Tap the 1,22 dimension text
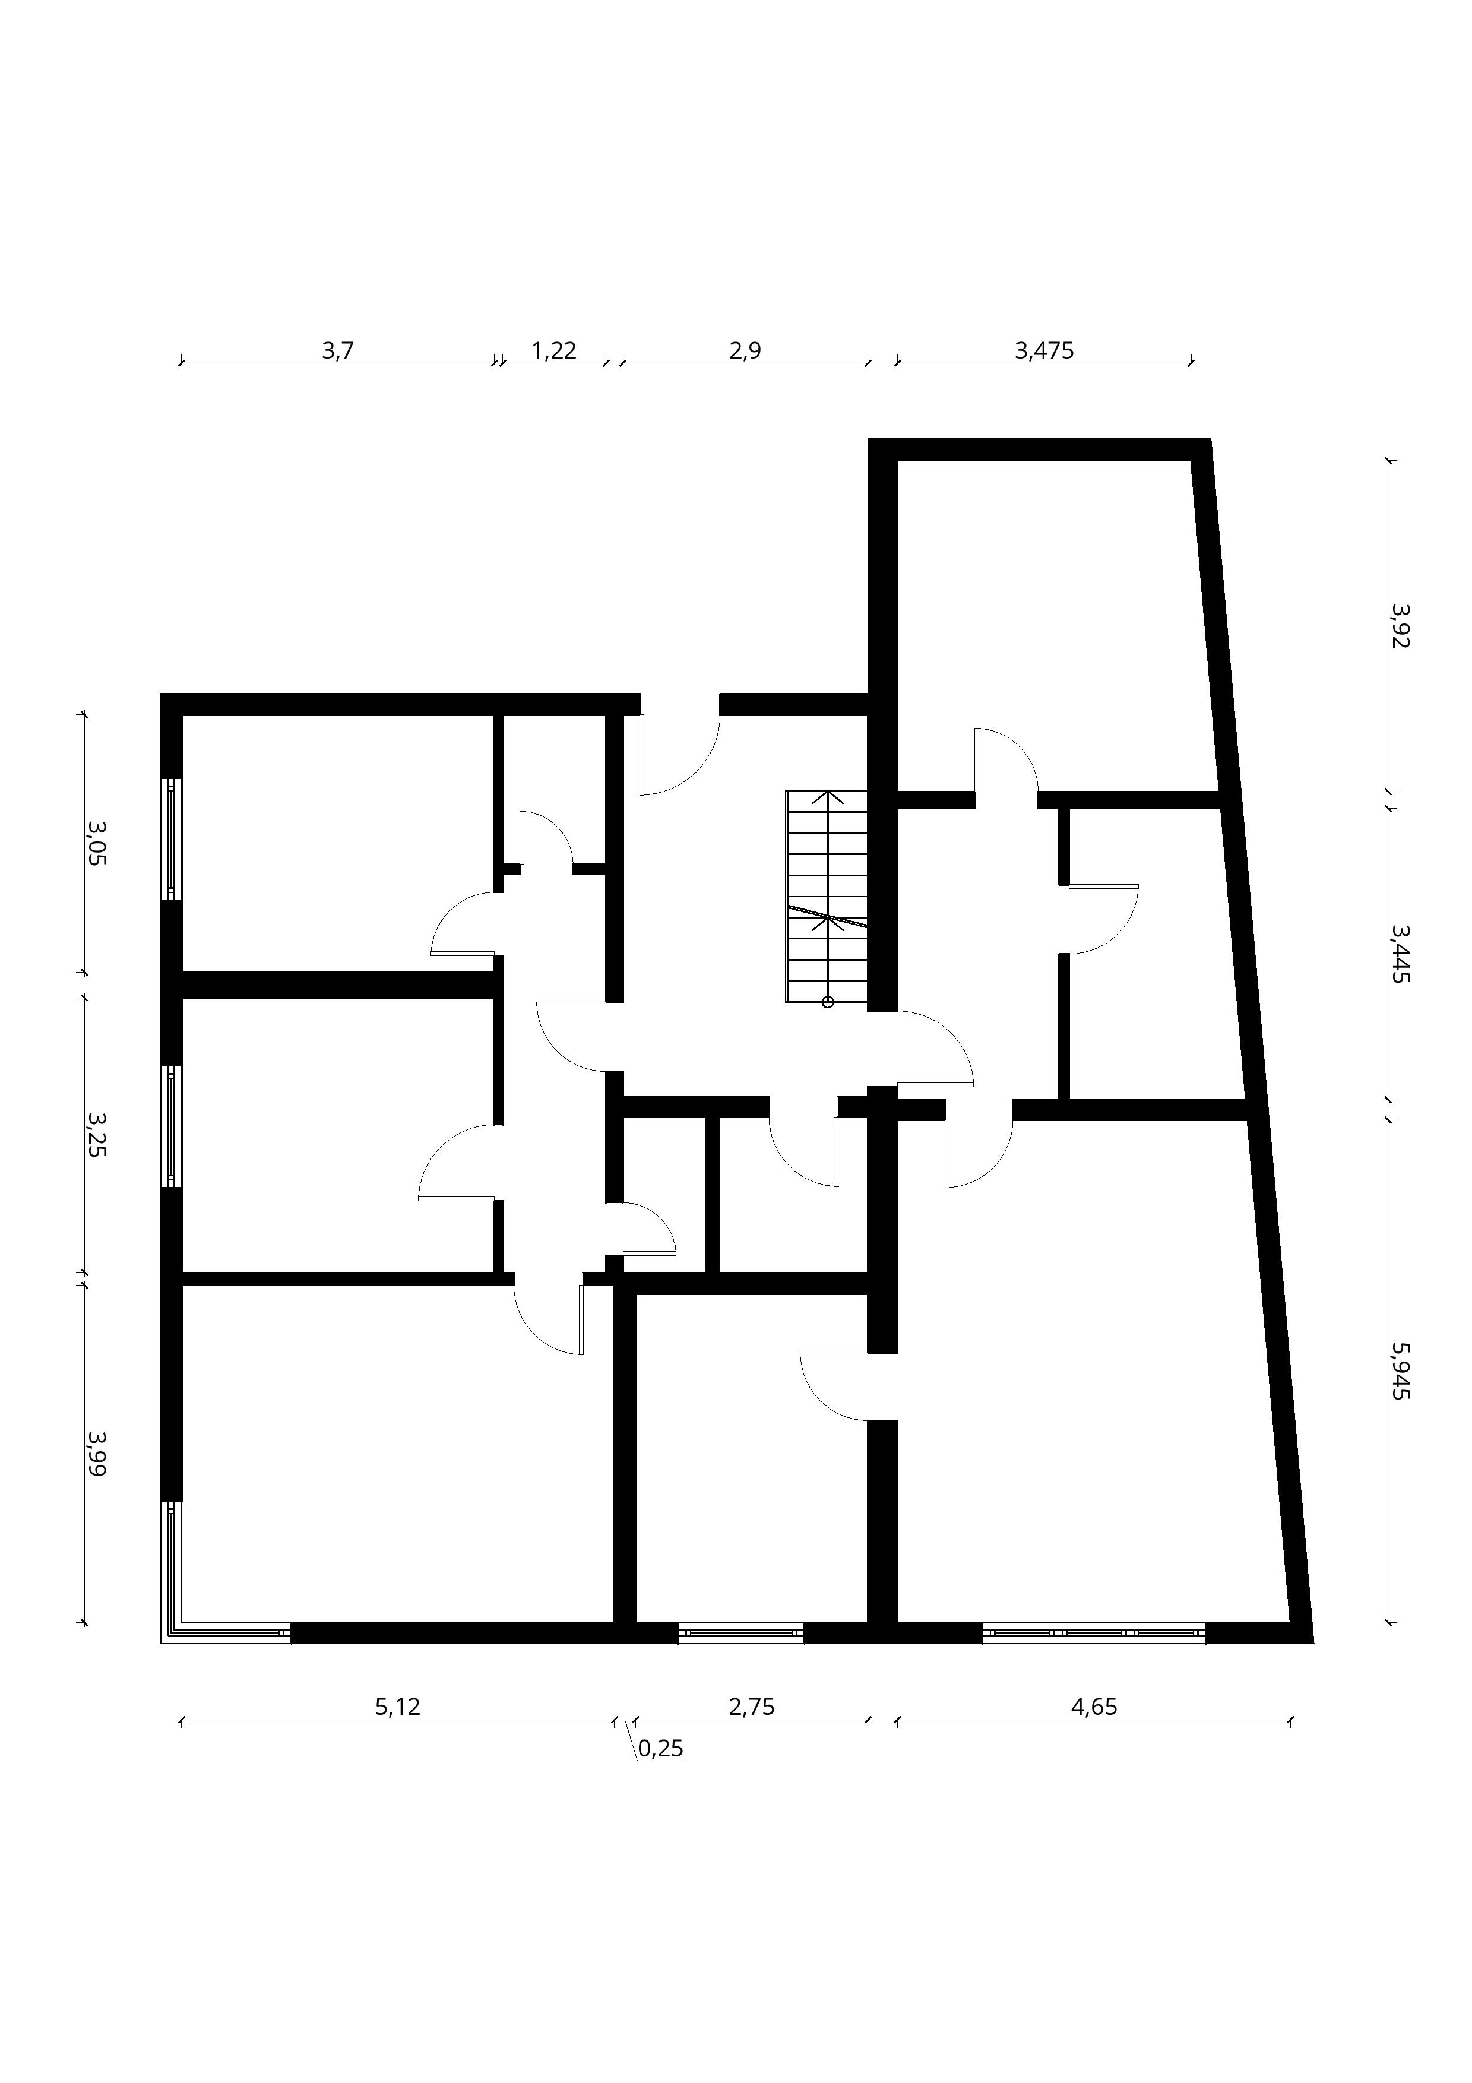(553, 350)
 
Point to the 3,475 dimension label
(1044, 350)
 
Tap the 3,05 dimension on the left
(96, 842)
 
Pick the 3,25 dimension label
(96, 1134)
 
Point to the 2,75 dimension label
(752, 1707)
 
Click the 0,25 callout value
(660, 1748)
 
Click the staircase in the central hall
(826, 897)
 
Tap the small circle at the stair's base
(827, 1002)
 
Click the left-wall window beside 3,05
(172, 839)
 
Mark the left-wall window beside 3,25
(172, 1126)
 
